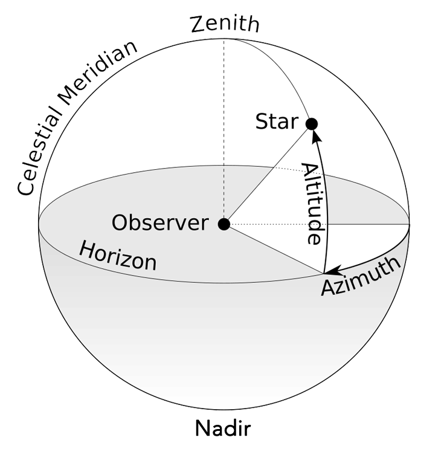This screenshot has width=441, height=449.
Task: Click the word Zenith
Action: (224, 25)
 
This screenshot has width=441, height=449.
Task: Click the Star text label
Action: (277, 122)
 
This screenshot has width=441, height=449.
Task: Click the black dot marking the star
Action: (312, 124)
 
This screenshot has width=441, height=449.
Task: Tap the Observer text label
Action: (159, 224)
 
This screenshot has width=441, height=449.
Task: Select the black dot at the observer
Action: (224, 225)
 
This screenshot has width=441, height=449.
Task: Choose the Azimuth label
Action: (360, 276)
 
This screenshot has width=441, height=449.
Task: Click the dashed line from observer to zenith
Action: (224, 121)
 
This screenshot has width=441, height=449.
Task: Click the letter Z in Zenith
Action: (197, 25)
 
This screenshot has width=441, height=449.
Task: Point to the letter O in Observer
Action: (120, 224)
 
